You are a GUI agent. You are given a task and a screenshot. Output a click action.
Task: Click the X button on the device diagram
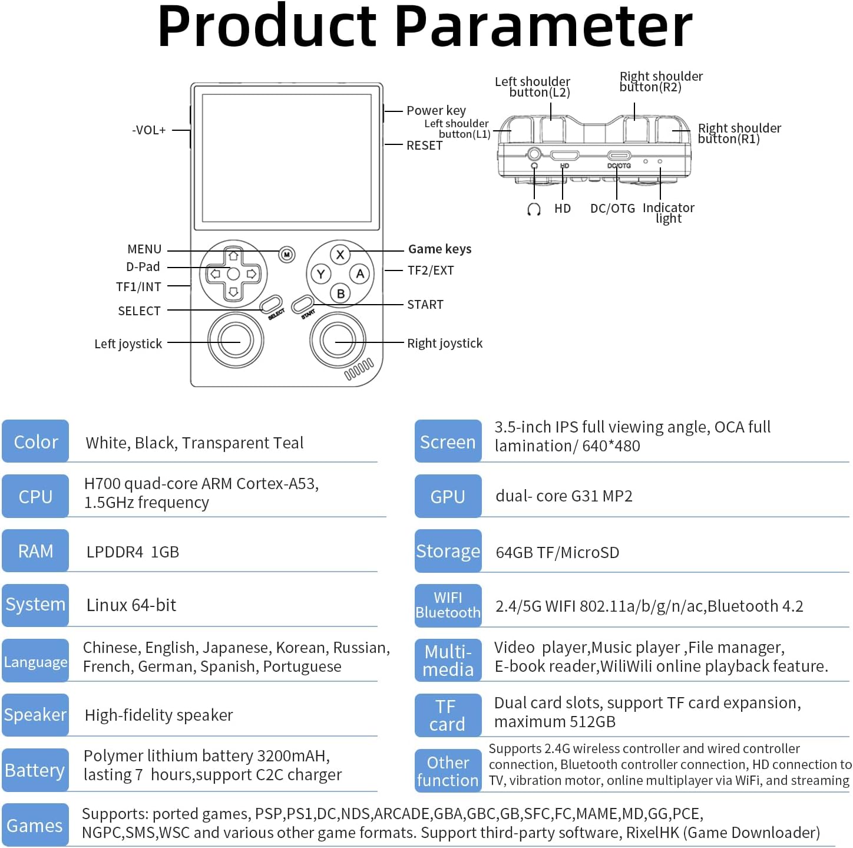click(340, 255)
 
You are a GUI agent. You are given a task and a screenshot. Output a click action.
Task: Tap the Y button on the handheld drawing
click(321, 274)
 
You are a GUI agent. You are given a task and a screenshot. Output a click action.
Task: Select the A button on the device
click(360, 273)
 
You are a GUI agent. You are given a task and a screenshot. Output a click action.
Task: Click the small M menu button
click(287, 255)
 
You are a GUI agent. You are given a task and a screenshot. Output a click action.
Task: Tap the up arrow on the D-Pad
click(233, 256)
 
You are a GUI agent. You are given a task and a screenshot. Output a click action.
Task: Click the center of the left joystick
click(236, 340)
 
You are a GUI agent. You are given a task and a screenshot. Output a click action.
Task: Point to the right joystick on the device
click(338, 340)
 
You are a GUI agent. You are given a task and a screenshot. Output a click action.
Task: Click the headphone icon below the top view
click(534, 209)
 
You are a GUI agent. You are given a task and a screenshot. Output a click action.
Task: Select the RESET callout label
click(424, 145)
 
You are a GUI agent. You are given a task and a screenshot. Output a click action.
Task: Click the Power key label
click(436, 110)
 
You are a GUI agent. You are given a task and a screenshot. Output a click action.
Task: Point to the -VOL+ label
click(149, 130)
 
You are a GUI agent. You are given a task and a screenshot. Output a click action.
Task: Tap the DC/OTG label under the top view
click(613, 208)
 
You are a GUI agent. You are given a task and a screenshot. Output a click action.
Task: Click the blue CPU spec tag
click(35, 496)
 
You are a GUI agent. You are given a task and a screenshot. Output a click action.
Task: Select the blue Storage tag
click(448, 551)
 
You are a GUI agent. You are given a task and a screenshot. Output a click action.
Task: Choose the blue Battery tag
click(35, 770)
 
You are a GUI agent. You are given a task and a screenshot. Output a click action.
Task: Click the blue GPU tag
click(448, 496)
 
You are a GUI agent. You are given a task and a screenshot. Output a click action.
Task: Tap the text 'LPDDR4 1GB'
click(133, 552)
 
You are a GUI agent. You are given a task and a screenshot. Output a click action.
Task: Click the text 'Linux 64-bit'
click(131, 605)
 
